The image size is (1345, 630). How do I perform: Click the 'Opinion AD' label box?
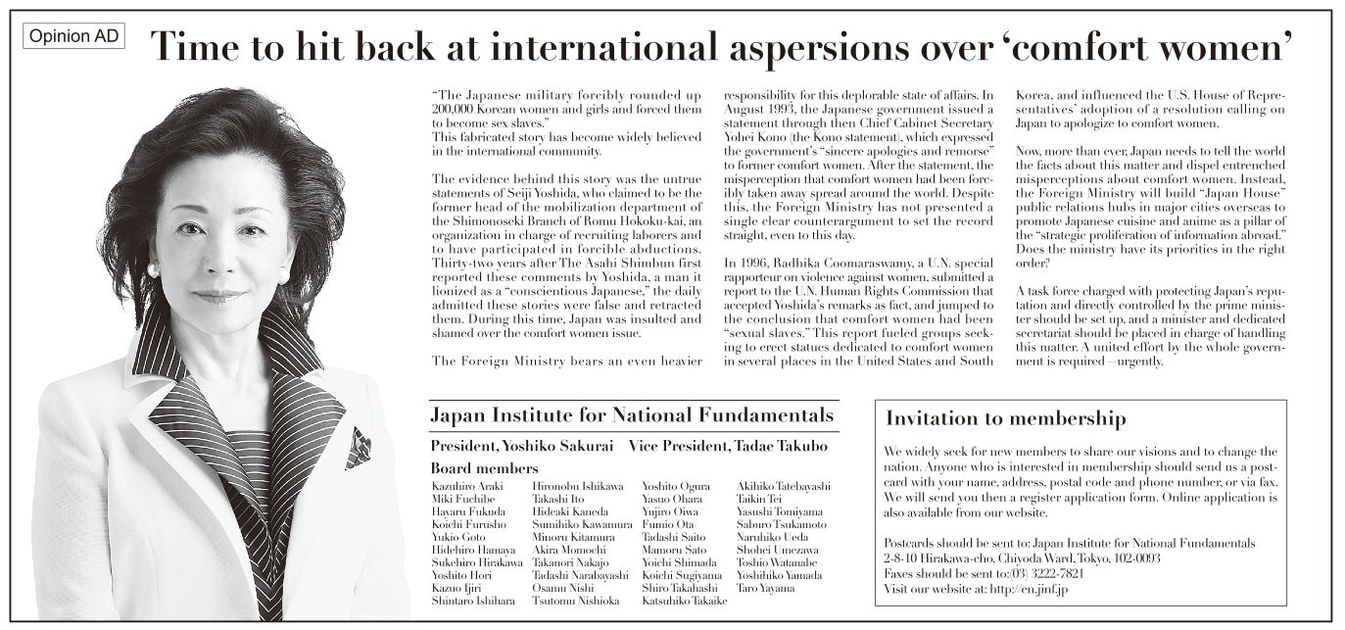74,37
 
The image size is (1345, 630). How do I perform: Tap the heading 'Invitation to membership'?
1005,418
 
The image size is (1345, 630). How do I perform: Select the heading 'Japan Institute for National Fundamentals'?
632,414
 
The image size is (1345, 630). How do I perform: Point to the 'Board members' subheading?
484,468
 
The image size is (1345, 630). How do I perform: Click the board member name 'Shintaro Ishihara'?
472,601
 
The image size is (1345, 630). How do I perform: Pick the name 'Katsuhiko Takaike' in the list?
684,601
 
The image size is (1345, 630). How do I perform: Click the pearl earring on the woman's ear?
152,267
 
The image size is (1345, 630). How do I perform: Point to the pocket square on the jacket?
358,447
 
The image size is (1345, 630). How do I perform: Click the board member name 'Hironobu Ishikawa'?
577,486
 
